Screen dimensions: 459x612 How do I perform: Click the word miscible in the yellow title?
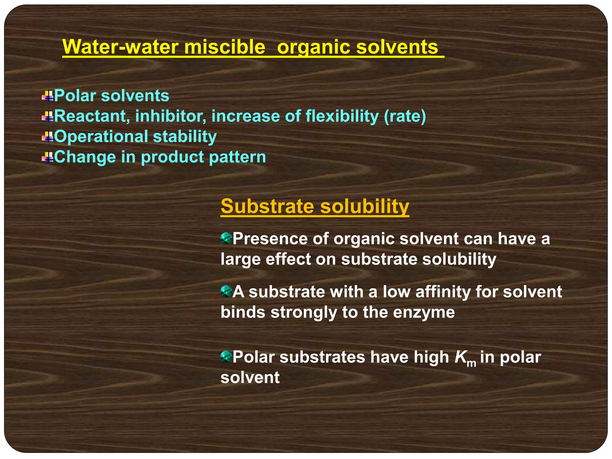tap(224, 47)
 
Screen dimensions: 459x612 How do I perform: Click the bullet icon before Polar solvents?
tap(48, 96)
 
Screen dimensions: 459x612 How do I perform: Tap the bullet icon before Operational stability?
tap(48, 137)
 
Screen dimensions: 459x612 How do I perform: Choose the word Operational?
tap(101, 137)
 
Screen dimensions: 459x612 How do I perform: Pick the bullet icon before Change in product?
tap(48, 157)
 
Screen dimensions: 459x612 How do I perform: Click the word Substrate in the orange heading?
tap(267, 206)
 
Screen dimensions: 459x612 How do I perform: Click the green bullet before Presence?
tap(226, 238)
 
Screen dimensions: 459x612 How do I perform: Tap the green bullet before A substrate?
tap(226, 291)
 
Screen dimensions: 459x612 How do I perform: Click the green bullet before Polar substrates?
tap(226, 357)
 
